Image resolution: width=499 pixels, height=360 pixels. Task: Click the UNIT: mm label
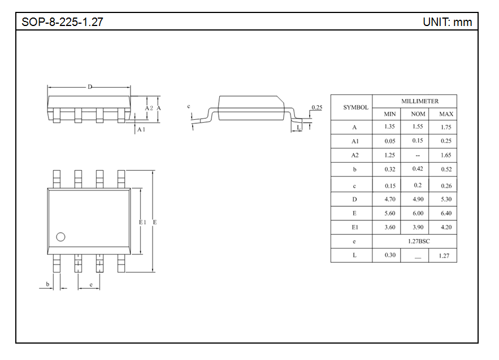pyautogui.click(x=446, y=23)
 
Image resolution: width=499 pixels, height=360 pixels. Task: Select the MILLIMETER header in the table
pyautogui.click(x=420, y=101)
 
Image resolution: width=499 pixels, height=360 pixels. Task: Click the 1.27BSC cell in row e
pyautogui.click(x=419, y=241)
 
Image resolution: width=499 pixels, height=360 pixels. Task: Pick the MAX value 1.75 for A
pyautogui.click(x=446, y=127)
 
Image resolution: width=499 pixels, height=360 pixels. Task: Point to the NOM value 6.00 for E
pyautogui.click(x=418, y=213)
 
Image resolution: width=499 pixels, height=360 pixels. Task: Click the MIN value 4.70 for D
pyautogui.click(x=389, y=199)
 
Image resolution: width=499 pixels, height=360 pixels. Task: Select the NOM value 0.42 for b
pyautogui.click(x=418, y=169)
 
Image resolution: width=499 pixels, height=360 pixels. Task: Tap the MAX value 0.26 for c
pyautogui.click(x=446, y=185)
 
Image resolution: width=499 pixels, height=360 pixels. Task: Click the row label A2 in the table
pyautogui.click(x=355, y=155)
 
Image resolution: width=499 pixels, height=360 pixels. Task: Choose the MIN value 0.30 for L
pyautogui.click(x=389, y=255)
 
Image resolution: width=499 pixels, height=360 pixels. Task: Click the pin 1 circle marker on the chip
pyautogui.click(x=60, y=237)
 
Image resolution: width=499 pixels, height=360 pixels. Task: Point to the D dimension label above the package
pyautogui.click(x=89, y=86)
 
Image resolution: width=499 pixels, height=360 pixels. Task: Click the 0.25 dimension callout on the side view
pyautogui.click(x=316, y=107)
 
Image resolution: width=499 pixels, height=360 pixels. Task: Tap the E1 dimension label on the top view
pyautogui.click(x=142, y=222)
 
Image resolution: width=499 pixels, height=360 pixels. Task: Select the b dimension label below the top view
pyautogui.click(x=48, y=283)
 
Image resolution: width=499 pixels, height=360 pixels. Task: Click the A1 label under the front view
pyautogui.click(x=142, y=129)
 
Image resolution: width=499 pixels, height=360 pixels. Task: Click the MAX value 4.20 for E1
pyautogui.click(x=446, y=227)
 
